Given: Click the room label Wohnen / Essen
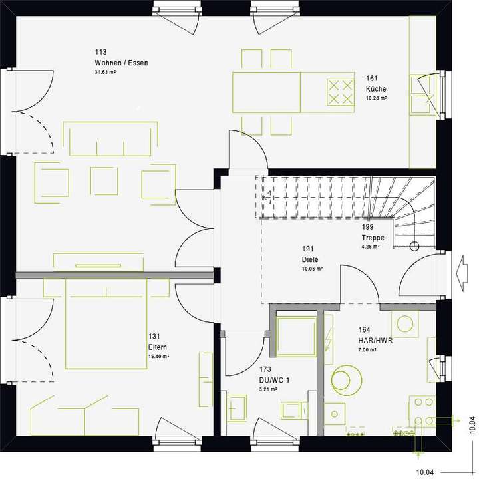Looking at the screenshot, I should [x=121, y=63].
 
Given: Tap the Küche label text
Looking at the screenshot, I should [x=375, y=89].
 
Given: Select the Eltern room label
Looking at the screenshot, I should [x=158, y=347].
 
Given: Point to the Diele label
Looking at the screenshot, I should [x=309, y=260].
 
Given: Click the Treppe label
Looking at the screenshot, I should [x=373, y=238].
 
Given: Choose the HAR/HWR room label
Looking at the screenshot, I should [x=376, y=341].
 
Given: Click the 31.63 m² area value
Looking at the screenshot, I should [x=105, y=72].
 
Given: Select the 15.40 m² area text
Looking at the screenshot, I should [x=159, y=357].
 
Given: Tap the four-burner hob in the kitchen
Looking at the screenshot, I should [x=340, y=92].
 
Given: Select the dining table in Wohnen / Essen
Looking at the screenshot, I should [x=266, y=92].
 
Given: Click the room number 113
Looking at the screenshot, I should [x=101, y=52].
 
